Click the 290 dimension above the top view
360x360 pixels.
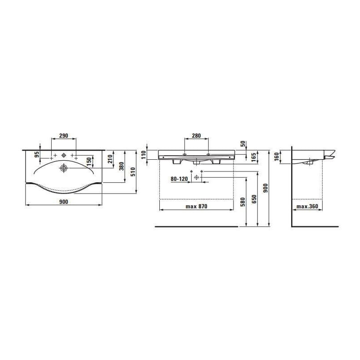(x=63, y=136)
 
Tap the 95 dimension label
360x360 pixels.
(x=37, y=155)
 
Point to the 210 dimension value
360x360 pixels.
(x=110, y=159)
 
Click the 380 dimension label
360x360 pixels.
(x=121, y=166)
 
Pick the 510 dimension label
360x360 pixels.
(x=133, y=171)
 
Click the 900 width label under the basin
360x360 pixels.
(x=63, y=202)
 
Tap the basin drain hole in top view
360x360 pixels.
(x=63, y=168)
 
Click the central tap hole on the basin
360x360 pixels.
(x=63, y=155)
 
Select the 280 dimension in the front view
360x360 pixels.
(x=196, y=136)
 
